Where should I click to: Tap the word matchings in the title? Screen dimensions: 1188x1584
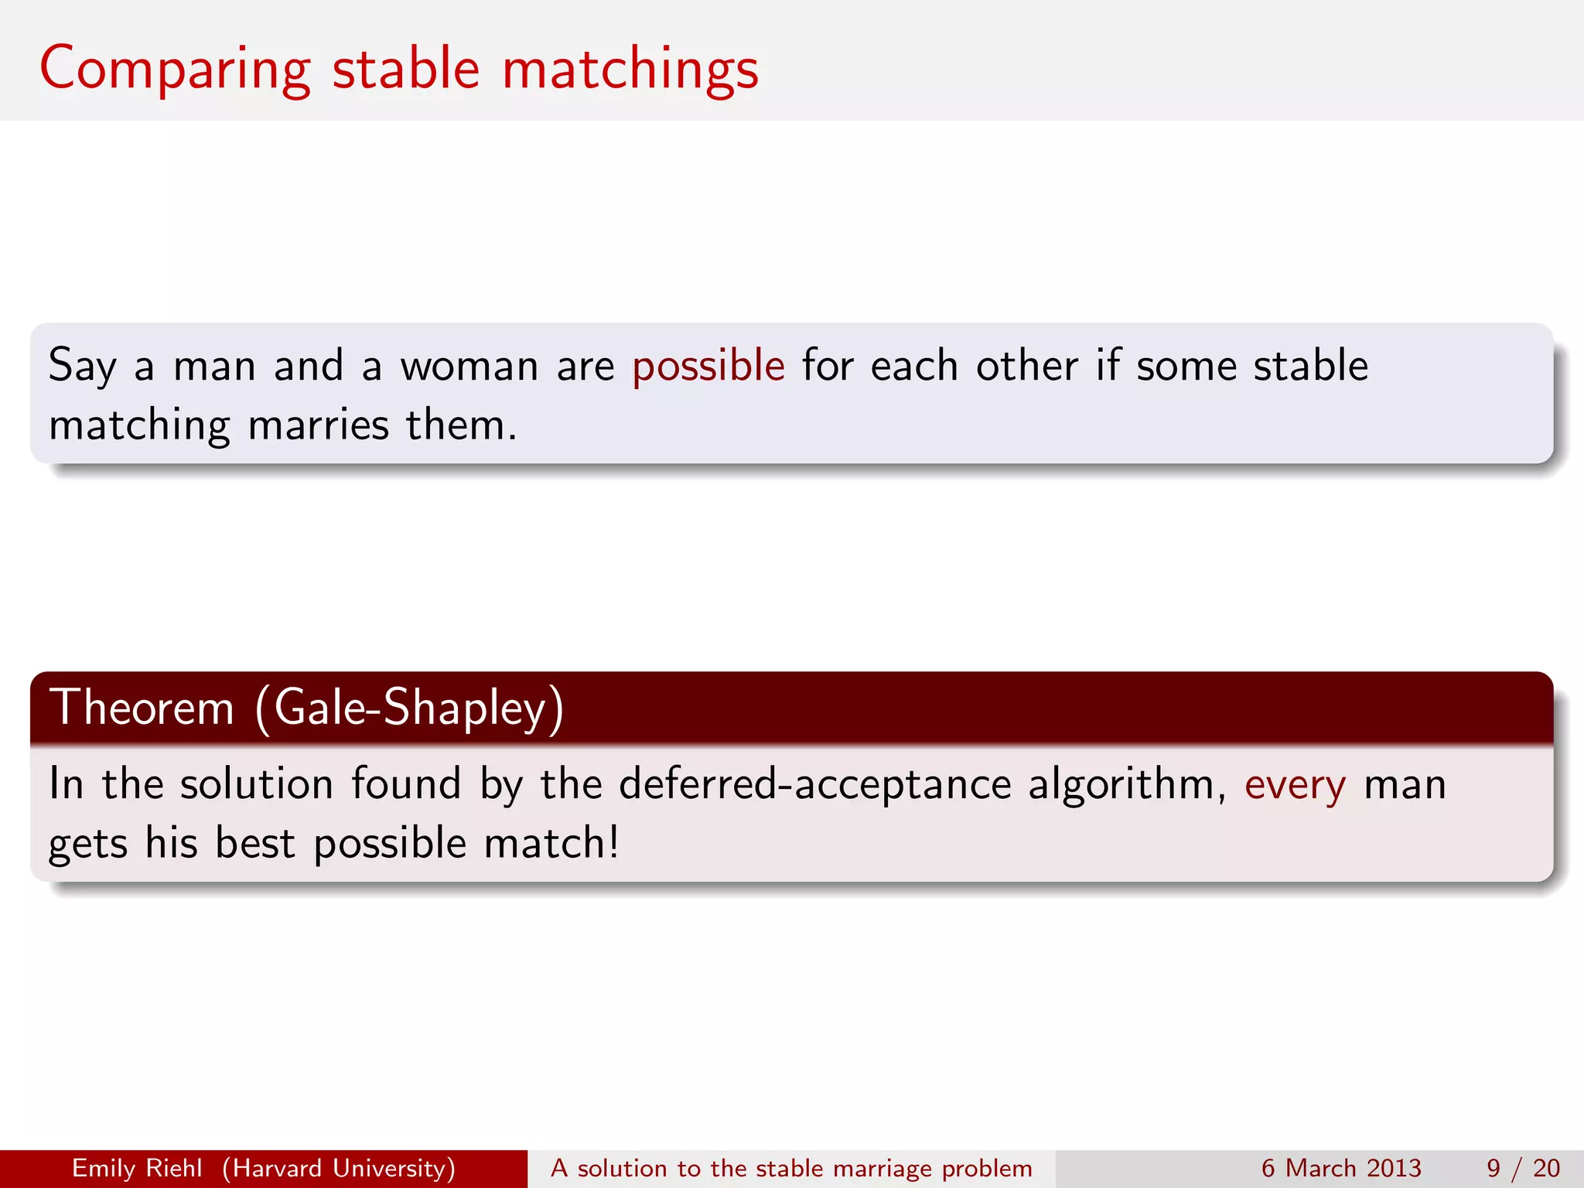point(630,70)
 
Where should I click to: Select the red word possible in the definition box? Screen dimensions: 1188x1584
point(708,366)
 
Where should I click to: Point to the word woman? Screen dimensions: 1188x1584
point(469,366)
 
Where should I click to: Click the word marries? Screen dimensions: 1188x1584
point(319,425)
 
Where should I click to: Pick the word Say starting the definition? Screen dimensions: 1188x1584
point(82,366)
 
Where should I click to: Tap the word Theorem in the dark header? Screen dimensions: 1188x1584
point(142,707)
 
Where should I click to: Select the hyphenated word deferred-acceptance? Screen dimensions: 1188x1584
point(814,784)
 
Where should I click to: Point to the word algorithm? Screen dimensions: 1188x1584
point(1126,784)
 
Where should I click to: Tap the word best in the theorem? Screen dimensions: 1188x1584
point(255,843)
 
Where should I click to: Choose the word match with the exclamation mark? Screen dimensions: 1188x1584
point(551,843)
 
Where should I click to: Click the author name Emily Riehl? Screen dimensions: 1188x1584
point(137,1168)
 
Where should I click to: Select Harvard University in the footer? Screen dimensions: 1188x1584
point(339,1168)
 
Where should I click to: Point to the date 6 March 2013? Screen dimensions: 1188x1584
point(1341,1168)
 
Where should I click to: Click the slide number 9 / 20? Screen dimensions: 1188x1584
point(1523,1168)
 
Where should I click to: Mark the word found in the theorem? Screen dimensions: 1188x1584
point(406,784)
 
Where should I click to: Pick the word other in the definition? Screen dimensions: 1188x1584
point(1026,366)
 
